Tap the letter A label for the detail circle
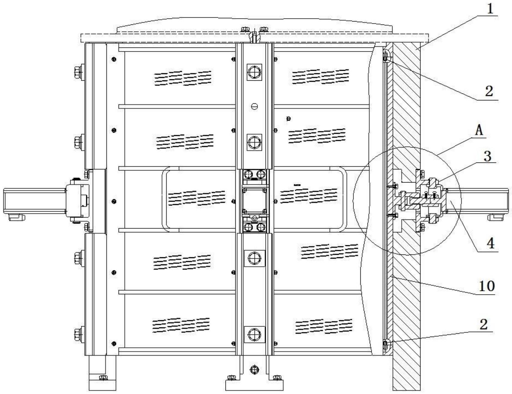coord(479,130)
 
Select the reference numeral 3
coord(487,156)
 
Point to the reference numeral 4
coord(490,243)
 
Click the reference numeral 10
coord(487,286)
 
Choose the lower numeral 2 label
coord(484,324)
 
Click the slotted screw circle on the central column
coord(254,106)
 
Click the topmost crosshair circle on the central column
coord(254,72)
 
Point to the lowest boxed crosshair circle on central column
coord(254,334)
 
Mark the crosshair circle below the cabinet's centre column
coord(254,370)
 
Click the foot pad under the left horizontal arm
coord(16,217)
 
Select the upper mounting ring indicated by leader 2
coord(386,56)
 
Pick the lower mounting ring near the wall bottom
coord(386,345)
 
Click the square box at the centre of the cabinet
coord(254,200)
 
